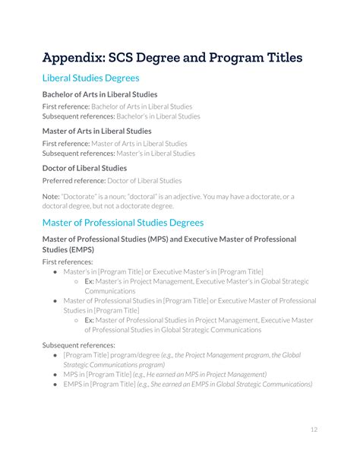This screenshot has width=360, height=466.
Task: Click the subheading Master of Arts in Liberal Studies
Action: pyautogui.click(x=96, y=131)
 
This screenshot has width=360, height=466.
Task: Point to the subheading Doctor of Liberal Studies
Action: pyautogui.click(x=84, y=168)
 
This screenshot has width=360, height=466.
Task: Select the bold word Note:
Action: pyautogui.click(x=52, y=197)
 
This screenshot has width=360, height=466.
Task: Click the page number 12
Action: pyautogui.click(x=314, y=430)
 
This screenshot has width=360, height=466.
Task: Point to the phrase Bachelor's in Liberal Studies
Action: pyautogui.click(x=163, y=116)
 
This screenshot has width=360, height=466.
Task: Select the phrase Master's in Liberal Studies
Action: pyautogui.click(x=157, y=153)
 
